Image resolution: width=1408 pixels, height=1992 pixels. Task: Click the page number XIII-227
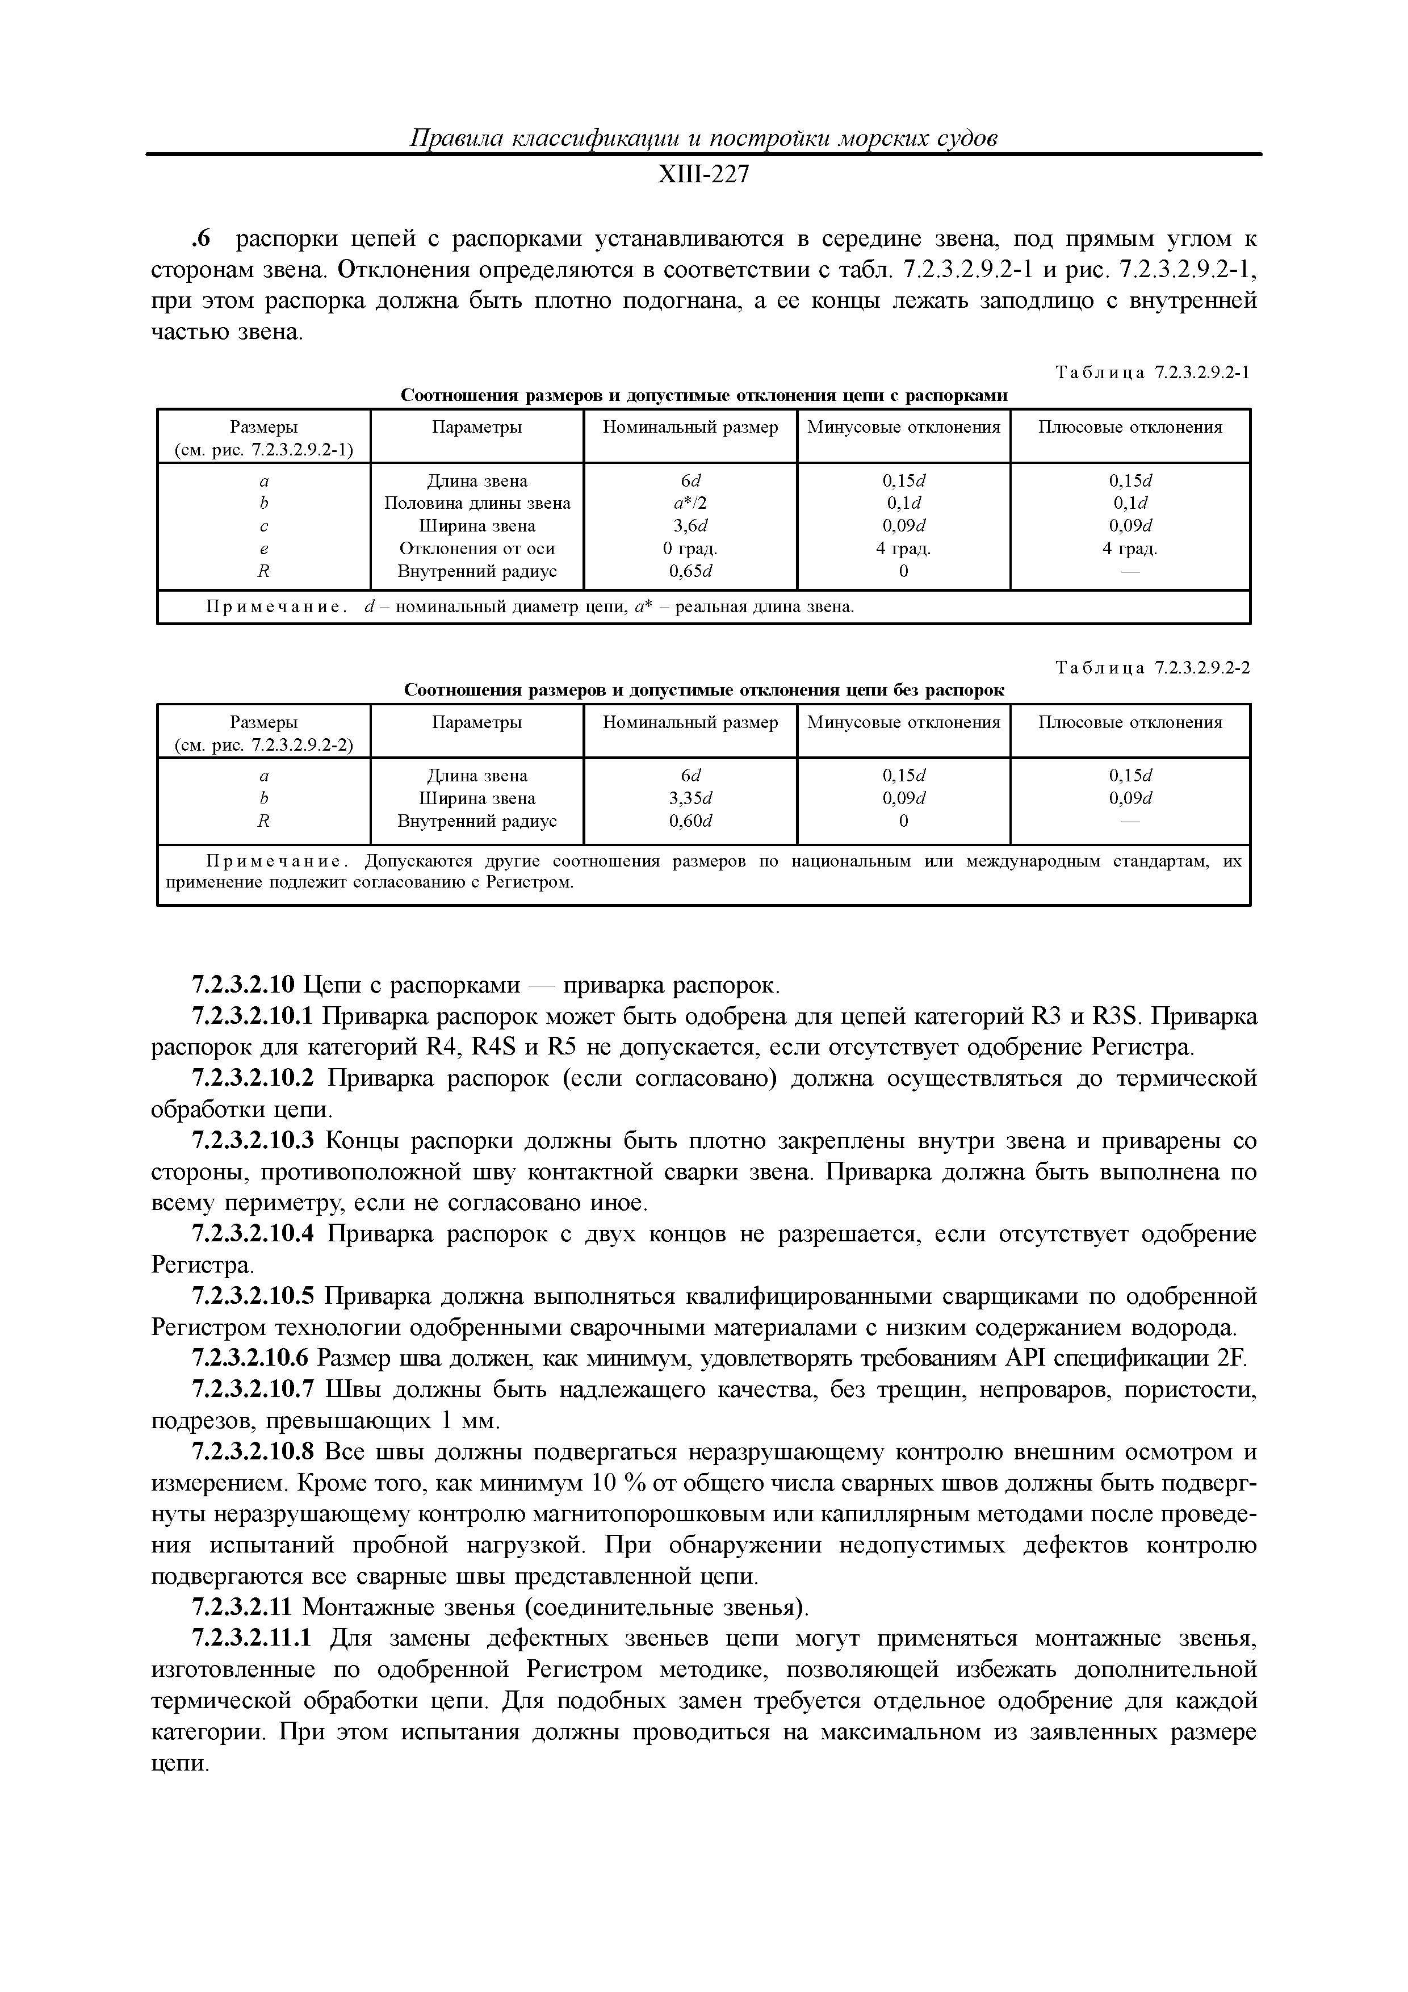703,175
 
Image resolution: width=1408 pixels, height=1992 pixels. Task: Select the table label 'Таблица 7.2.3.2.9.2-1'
1151,373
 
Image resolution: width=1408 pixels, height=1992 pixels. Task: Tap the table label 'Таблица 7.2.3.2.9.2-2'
1151,668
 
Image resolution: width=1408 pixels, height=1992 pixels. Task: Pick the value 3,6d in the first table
690,526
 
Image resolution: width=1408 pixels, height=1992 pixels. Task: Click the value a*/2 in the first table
690,503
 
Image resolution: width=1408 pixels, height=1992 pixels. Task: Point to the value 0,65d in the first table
690,571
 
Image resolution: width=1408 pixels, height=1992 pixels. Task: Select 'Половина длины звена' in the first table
477,503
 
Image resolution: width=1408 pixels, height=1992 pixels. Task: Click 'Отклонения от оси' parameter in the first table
477,549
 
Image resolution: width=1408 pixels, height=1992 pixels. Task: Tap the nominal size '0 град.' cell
690,549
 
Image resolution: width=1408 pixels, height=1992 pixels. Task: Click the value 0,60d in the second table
690,821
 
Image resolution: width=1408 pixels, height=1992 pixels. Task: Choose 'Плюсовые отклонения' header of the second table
1130,722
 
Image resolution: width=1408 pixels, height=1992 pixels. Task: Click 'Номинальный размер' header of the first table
690,427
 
